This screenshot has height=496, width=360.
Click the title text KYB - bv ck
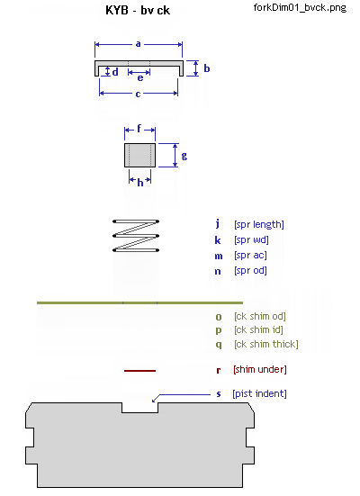pyautogui.click(x=138, y=10)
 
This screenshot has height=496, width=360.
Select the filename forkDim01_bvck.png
pyautogui.click(x=300, y=7)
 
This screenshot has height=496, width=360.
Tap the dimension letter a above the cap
pyautogui.click(x=138, y=44)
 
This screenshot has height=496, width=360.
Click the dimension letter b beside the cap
pyautogui.click(x=207, y=68)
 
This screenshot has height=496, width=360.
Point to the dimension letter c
pyautogui.click(x=138, y=94)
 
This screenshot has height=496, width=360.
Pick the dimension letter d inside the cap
pyautogui.click(x=115, y=72)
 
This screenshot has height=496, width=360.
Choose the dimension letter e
pyautogui.click(x=140, y=77)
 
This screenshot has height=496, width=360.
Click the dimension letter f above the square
pyautogui.click(x=139, y=129)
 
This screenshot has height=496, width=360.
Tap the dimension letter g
pyautogui.click(x=184, y=156)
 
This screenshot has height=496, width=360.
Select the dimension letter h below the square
pyautogui.click(x=140, y=182)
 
